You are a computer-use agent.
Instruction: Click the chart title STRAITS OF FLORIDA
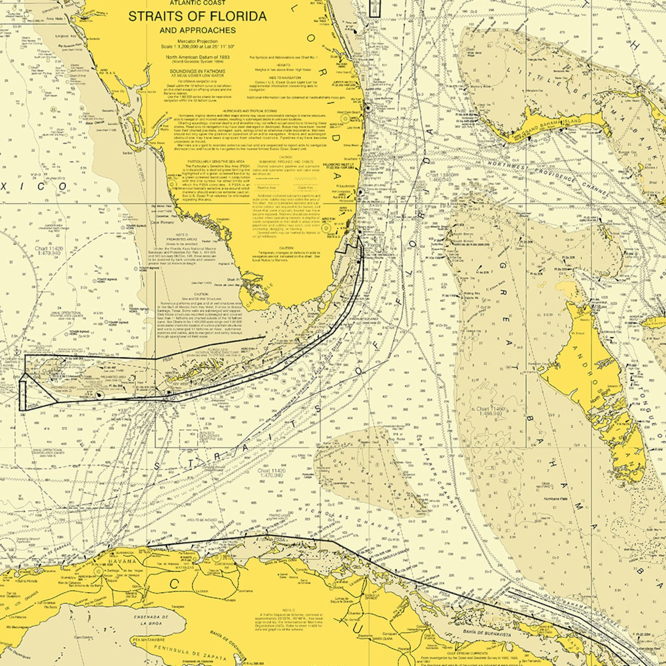coord(197,16)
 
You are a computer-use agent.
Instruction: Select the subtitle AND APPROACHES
coord(198,30)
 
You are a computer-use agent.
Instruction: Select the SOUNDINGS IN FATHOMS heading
coord(197,71)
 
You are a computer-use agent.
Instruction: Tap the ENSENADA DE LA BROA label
coord(151,620)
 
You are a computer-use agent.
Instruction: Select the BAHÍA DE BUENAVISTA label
coord(486,635)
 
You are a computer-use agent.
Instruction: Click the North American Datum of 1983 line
coord(197,57)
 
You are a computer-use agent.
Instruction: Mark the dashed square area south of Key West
coord(189,439)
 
